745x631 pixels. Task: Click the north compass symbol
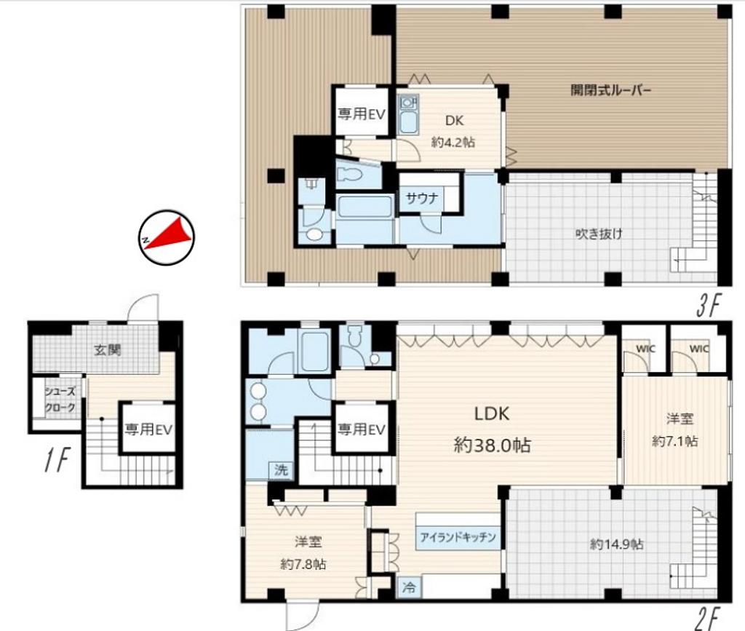coord(167,237)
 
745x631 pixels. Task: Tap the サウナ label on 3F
coord(422,198)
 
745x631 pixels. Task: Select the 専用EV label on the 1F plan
coord(148,429)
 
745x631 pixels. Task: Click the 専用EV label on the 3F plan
coord(361,114)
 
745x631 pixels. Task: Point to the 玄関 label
coord(108,350)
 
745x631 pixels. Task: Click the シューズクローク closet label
coord(60,400)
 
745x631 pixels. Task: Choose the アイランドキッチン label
coord(458,537)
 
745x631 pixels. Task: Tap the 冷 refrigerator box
coord(409,587)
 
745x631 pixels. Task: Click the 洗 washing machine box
coord(282,470)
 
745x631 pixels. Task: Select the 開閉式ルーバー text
coord(610,90)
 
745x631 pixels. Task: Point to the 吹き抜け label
coord(599,234)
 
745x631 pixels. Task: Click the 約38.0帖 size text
coord(493,445)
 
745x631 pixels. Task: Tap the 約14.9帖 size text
coord(617,544)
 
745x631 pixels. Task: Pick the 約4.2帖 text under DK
coord(453,142)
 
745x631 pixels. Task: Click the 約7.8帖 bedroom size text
coord(303,564)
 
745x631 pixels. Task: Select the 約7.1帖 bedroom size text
coord(675,441)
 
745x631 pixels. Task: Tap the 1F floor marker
coord(57,460)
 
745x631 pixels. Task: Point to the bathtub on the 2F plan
coord(315,351)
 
